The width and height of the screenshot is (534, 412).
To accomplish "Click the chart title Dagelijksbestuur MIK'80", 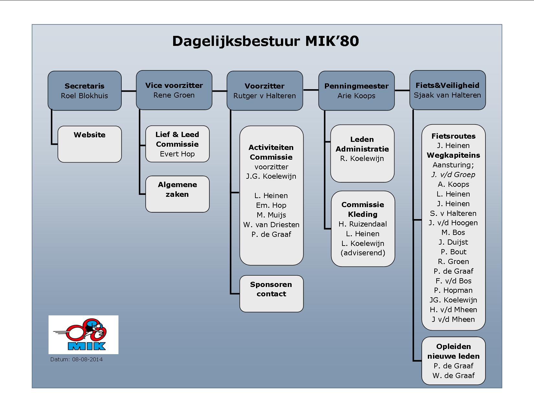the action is [x=265, y=41].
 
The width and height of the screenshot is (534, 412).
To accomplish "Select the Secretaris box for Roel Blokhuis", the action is [x=84, y=90].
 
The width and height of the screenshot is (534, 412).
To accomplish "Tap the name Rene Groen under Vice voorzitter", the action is [x=174, y=95].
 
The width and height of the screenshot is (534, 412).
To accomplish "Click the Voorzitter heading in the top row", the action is [x=264, y=86].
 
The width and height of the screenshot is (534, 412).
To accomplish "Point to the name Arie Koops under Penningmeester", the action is [x=356, y=95].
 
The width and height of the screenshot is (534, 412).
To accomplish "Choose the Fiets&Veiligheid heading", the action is [x=447, y=85].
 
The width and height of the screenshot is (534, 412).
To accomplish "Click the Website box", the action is [x=89, y=144].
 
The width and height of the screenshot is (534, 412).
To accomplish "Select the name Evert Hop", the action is [x=177, y=154].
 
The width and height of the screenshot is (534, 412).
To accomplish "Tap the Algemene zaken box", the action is [x=177, y=194].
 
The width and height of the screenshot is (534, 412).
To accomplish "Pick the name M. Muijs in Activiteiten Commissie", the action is [x=271, y=215].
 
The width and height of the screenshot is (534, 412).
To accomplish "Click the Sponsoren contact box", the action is [x=271, y=293].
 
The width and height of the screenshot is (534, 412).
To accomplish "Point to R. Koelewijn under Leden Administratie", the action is [x=362, y=159].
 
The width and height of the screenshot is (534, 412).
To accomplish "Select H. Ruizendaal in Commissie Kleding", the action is [x=363, y=224].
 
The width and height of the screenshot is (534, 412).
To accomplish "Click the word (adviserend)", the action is [x=363, y=253].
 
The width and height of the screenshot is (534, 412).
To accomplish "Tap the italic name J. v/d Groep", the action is [x=453, y=174].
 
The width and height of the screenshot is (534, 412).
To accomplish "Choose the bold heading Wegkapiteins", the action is [x=453, y=155].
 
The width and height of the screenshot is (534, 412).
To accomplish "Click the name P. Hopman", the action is [x=453, y=290].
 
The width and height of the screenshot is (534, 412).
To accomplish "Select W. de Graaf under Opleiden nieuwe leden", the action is [x=453, y=375].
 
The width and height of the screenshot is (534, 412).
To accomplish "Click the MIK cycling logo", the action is [x=83, y=334].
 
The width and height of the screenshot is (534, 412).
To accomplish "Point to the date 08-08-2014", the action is [x=87, y=359].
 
